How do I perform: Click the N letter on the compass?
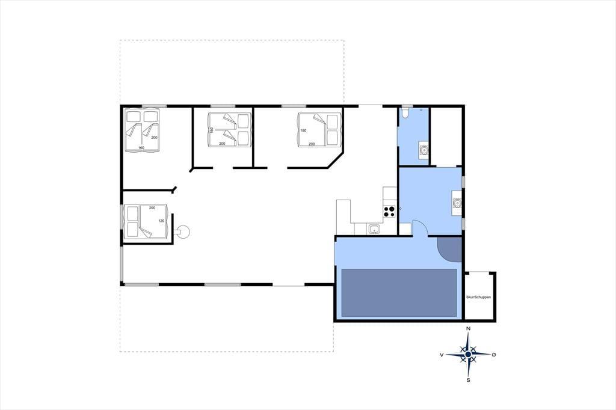[468, 328]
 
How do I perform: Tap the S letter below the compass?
[468, 380]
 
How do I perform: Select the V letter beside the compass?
[442, 355]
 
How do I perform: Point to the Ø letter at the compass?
[494, 354]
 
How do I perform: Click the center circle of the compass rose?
[468, 354]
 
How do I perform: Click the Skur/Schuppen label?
[478, 298]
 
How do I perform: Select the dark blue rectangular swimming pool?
[399, 293]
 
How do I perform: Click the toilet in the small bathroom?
[405, 112]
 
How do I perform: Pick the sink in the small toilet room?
[423, 150]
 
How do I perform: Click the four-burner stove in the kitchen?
[389, 212]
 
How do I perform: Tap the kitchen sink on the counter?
[374, 228]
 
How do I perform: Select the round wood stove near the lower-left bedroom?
[183, 231]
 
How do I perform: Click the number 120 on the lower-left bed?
[161, 221]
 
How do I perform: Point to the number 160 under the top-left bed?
[141, 148]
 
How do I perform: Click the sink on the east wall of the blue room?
[457, 203]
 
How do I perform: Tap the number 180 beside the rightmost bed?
[303, 130]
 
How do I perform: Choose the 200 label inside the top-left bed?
[154, 138]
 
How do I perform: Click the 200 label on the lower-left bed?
[152, 207]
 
